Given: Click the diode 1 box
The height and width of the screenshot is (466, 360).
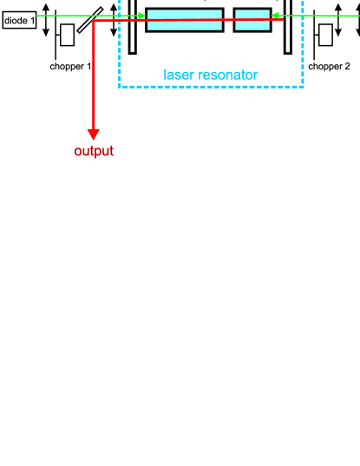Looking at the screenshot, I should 18,16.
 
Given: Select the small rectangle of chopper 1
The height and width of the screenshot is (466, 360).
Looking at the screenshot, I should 67,35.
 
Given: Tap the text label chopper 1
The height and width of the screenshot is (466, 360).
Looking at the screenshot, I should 70,66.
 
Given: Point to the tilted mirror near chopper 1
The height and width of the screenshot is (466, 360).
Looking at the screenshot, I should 90,20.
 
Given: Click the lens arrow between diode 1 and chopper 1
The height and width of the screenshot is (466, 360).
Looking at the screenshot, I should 46,17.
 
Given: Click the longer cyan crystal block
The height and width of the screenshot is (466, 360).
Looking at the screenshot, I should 184,19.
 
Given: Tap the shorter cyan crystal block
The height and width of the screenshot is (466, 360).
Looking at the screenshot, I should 252,19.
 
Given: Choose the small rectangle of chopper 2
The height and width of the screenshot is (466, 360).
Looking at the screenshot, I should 326,35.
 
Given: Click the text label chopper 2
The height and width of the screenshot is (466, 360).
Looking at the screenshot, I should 330,66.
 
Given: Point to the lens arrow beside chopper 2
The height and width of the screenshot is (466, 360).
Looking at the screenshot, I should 340,19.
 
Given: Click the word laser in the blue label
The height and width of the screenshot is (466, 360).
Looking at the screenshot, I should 179,75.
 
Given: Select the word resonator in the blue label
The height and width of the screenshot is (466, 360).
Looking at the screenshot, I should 226,75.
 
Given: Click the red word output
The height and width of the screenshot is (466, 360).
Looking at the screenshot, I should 94,151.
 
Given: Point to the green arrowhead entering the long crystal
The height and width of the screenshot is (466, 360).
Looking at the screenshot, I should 141,16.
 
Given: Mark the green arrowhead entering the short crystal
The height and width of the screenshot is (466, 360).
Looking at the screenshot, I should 276,16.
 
